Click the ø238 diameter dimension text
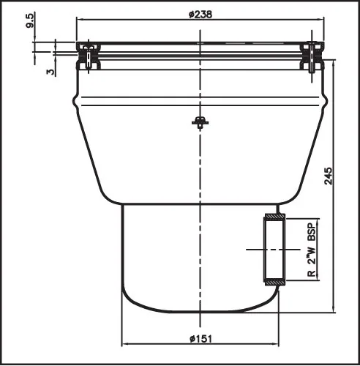pos(200,15)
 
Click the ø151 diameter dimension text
pos(200,339)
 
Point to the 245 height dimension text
pos(329,176)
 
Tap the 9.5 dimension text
pos(31,21)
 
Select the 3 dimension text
pos(50,72)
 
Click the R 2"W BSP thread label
pos(312,250)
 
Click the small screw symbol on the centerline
pos(200,122)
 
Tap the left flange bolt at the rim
pos(89,56)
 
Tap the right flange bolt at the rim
pos(312,56)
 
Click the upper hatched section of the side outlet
pos(274,217)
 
